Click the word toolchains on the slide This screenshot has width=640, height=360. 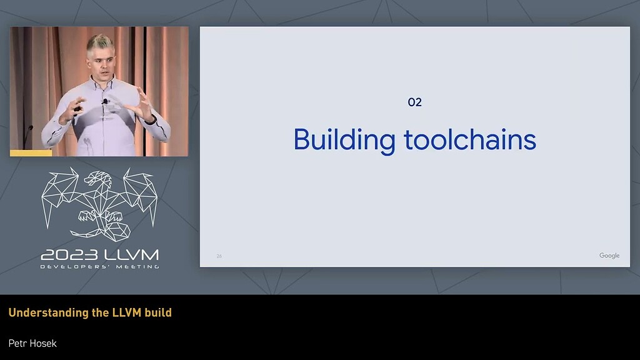click(470, 139)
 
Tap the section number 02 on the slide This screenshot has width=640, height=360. click(415, 102)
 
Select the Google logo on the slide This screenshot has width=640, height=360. click(609, 256)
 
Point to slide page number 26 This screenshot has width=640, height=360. click(219, 256)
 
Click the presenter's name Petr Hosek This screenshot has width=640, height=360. click(32, 343)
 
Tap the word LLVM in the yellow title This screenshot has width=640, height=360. click(126, 312)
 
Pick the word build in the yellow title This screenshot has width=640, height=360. click(158, 312)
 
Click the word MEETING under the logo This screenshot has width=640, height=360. click(137, 267)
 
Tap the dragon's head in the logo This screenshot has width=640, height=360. click(97, 178)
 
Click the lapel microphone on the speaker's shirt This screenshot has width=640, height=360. click(105, 102)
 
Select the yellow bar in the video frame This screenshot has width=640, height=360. click(31, 153)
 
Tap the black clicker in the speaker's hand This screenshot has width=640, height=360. click(77, 109)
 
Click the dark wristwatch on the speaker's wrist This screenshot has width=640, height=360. click(152, 119)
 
